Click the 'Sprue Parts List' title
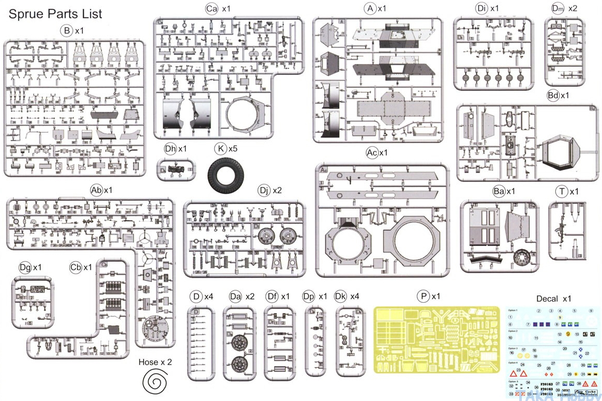tap(56, 14)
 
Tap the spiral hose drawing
tap(155, 382)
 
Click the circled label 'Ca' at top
tap(211, 9)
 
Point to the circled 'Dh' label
tap(170, 149)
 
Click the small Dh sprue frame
tap(177, 170)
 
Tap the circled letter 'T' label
tap(561, 191)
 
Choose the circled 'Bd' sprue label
tap(553, 95)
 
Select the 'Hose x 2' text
tap(155, 362)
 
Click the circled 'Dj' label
tap(264, 190)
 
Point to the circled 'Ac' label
tap(372, 153)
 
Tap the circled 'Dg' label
tap(25, 267)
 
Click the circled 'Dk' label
tap(341, 296)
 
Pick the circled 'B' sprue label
tap(66, 31)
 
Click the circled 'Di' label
tap(481, 8)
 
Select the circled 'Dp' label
tap(309, 296)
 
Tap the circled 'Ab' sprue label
tap(96, 190)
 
